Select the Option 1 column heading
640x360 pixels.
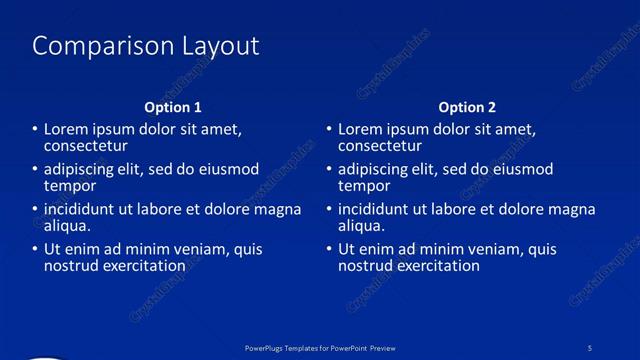point(173,107)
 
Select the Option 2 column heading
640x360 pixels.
point(467,107)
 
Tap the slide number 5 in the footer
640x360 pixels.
point(590,347)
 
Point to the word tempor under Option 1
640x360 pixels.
point(70,186)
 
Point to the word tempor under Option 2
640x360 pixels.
point(365,186)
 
